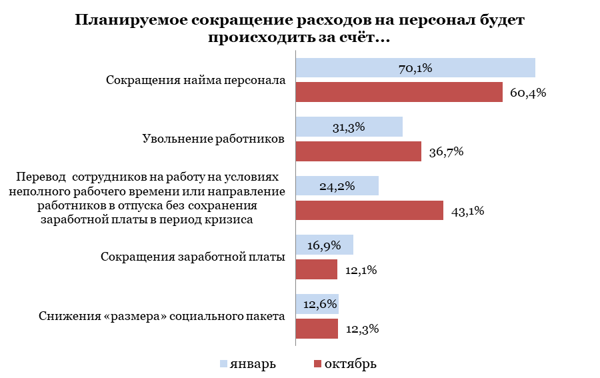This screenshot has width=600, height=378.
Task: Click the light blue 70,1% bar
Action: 415,67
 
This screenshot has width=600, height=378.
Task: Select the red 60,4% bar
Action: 399,92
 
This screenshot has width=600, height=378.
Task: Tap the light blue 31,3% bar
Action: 349,127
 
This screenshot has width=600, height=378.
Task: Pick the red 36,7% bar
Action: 358,151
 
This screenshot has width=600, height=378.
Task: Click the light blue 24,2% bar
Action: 337,185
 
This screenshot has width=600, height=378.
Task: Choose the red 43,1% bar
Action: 369,211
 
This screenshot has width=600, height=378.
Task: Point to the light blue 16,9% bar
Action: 324,245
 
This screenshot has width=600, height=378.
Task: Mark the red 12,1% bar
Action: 316,269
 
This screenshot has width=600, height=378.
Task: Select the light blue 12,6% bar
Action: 317,304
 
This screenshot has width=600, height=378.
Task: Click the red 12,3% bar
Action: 316,329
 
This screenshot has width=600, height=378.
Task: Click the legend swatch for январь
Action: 223,364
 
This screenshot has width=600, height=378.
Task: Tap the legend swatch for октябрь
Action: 317,364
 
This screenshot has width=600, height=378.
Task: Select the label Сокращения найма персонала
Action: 196,80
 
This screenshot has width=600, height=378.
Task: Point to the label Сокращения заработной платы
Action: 193,257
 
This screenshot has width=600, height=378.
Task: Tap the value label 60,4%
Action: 528,93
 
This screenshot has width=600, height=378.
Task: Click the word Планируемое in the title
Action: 128,20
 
